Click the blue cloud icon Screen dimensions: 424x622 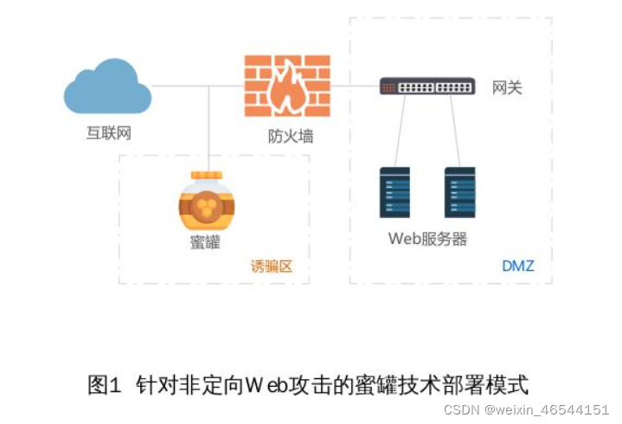click(x=107, y=87)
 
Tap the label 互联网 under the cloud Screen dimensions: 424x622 click(x=108, y=133)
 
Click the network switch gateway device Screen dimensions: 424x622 click(x=427, y=87)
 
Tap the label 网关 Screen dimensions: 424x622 click(x=507, y=87)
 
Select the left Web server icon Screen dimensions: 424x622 click(x=394, y=192)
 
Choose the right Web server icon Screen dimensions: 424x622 click(x=460, y=192)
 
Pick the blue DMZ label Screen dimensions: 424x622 click(x=518, y=266)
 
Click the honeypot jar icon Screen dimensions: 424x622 click(x=206, y=203)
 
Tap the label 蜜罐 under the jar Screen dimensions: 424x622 click(x=205, y=242)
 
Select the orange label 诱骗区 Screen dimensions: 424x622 click(x=272, y=266)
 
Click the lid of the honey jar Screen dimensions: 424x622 click(x=206, y=176)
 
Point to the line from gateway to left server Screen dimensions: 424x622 click(x=399, y=130)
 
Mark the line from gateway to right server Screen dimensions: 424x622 click(x=453, y=130)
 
